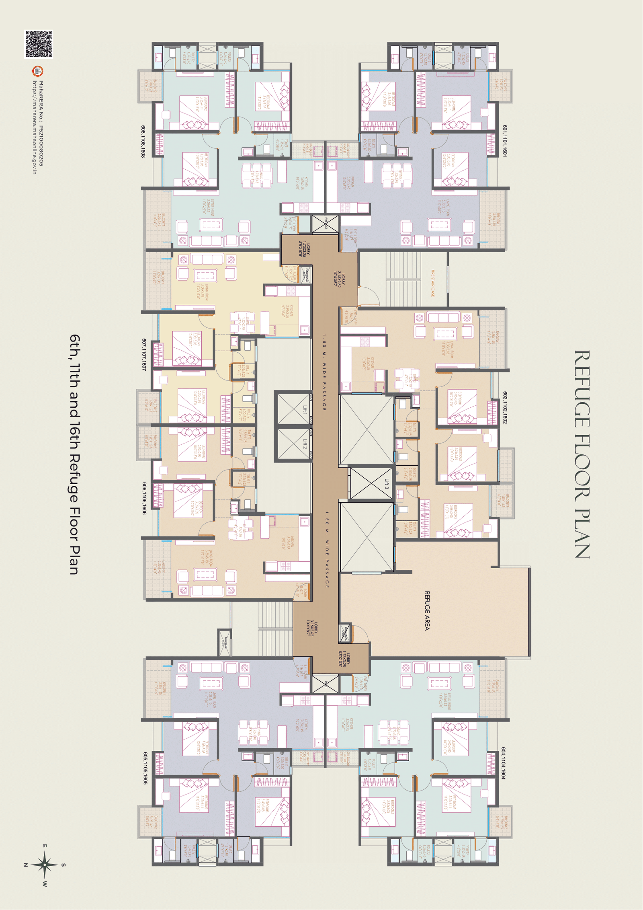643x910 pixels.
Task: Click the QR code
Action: [x=39, y=44]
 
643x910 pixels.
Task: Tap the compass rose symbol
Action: [x=45, y=864]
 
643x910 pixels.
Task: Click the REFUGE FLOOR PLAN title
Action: [x=582, y=454]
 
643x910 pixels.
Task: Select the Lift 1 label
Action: [x=305, y=409]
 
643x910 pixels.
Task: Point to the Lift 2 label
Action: [x=305, y=444]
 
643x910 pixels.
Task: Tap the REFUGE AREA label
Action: [x=427, y=610]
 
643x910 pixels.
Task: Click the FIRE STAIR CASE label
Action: [x=433, y=283]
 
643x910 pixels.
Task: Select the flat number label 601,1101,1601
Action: [x=505, y=140]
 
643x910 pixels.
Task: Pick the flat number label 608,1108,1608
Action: [x=143, y=141]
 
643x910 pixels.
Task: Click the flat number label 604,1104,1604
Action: [x=503, y=763]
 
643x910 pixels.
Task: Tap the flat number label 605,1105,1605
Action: [x=145, y=768]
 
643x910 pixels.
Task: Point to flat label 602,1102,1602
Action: [x=505, y=407]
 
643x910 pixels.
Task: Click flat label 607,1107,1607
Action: [x=144, y=354]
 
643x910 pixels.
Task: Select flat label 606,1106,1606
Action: [x=144, y=498]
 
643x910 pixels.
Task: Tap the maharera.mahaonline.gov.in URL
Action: [x=35, y=127]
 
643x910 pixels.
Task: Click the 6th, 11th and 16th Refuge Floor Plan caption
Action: [x=74, y=454]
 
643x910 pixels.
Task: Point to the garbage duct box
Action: [x=225, y=642]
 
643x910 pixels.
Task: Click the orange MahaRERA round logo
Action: [x=38, y=71]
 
